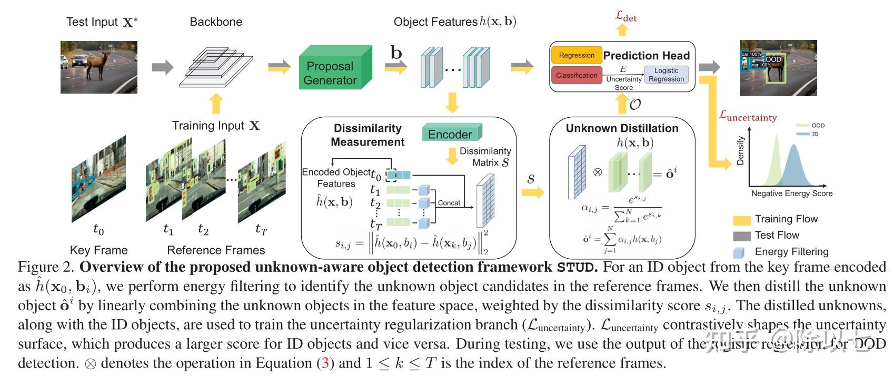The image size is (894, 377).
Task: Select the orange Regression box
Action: click(x=576, y=55)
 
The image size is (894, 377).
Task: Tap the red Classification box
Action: click(x=576, y=75)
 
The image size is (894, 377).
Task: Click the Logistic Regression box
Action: click(x=666, y=75)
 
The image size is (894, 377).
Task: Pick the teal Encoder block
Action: click(x=450, y=134)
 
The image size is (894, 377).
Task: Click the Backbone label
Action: click(x=216, y=22)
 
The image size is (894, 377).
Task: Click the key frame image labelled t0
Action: click(x=98, y=179)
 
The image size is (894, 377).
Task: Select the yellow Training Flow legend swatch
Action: click(x=741, y=220)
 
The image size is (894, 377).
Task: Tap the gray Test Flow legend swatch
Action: click(x=741, y=236)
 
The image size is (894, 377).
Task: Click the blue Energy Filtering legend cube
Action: click(x=740, y=252)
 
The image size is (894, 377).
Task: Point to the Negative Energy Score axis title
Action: click(x=791, y=193)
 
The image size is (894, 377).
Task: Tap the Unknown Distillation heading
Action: click(x=622, y=128)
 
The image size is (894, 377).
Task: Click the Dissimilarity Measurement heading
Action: click(x=367, y=135)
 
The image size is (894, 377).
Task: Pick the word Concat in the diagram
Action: click(x=449, y=203)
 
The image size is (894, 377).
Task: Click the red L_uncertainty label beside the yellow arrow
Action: click(x=748, y=116)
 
